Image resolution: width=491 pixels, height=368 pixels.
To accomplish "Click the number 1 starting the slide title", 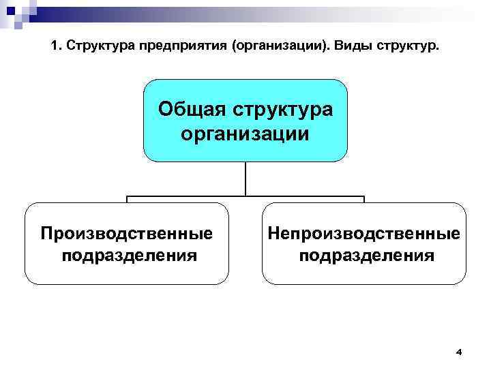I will [x=55, y=48].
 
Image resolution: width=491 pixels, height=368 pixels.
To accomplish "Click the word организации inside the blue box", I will [x=245, y=133].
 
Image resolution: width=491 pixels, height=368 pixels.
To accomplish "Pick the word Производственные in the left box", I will [x=126, y=234].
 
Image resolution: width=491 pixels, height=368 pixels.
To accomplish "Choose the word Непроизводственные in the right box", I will [x=363, y=234].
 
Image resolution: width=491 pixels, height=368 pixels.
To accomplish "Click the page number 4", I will [x=458, y=352].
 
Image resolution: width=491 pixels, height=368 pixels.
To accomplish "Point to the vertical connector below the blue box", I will [x=245, y=179].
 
